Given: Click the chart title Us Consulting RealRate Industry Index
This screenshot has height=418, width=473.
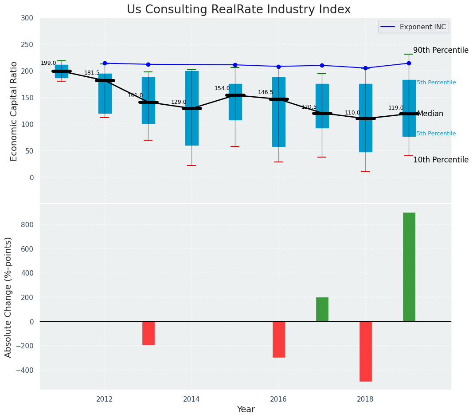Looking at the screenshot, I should [238, 10].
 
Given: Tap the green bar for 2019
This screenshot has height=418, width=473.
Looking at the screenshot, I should [409, 267].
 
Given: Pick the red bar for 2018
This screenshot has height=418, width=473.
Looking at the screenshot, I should [365, 351].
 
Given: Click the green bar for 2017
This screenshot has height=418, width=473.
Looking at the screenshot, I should [322, 309].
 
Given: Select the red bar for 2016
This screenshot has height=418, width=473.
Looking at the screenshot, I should [278, 339].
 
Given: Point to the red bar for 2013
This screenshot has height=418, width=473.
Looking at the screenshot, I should [148, 333].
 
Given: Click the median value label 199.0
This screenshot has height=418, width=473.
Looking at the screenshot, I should [48, 63].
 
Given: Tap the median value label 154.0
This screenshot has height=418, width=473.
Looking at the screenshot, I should [222, 89].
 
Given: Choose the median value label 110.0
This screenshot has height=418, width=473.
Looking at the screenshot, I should [352, 113].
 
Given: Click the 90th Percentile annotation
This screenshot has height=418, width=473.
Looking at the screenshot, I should [441, 51].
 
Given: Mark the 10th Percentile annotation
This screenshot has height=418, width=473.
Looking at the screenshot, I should [441, 160].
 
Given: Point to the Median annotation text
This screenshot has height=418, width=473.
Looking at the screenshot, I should [430, 114].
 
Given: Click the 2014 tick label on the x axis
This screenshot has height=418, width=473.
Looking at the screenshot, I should [192, 399].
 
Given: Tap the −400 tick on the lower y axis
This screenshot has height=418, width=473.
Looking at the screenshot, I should [25, 370].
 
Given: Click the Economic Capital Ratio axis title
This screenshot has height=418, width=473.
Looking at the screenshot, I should [14, 111].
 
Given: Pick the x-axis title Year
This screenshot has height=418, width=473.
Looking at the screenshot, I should [246, 410].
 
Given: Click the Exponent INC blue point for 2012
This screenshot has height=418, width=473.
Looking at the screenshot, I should [105, 63].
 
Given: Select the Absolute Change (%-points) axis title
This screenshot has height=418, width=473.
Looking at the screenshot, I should [8, 297].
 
